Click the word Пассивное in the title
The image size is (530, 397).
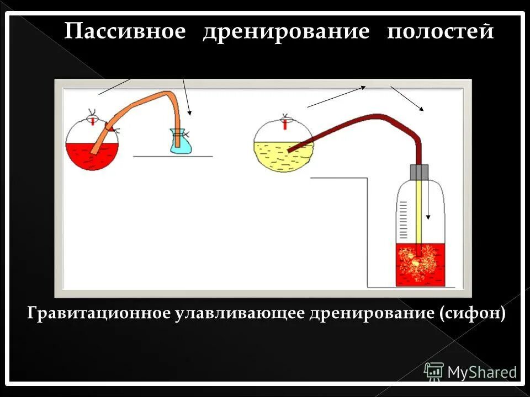125,31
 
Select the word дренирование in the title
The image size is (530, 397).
285,31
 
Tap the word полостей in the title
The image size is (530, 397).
439,31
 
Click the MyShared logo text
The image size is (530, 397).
481,372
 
